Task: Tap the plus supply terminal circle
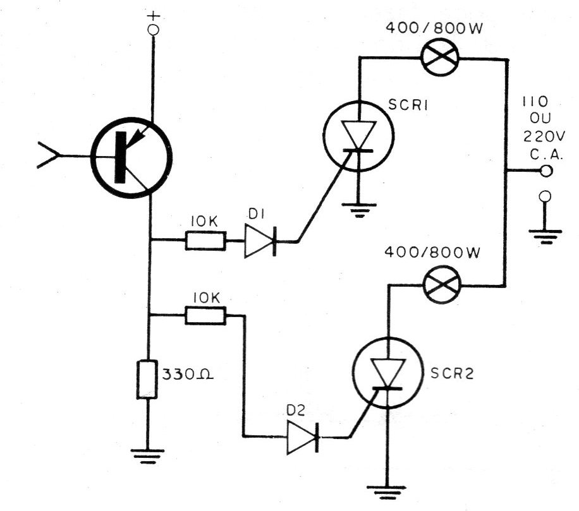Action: coord(153,30)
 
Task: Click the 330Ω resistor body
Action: coord(147,380)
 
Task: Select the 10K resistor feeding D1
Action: coord(205,241)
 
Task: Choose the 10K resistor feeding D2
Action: coord(205,315)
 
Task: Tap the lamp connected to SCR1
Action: coord(440,58)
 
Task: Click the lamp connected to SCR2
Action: coord(442,286)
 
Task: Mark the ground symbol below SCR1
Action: coord(358,210)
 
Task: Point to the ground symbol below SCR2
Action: coord(387,492)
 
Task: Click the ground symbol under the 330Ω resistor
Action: coord(147,456)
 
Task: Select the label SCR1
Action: coord(408,105)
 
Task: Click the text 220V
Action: coord(544,137)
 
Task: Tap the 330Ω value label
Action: coord(188,375)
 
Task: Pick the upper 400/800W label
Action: coord(434,28)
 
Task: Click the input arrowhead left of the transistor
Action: coord(47,155)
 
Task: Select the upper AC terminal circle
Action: coord(545,171)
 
